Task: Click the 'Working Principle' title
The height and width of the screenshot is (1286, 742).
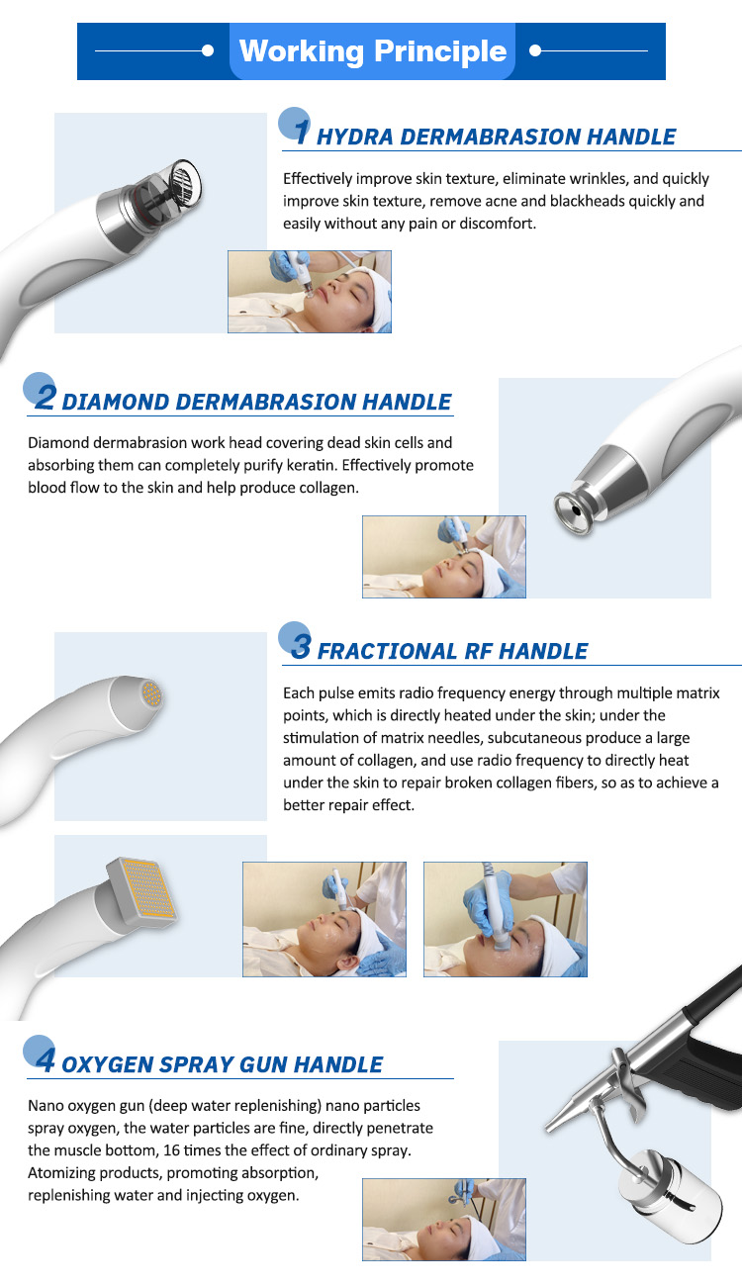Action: point(372,51)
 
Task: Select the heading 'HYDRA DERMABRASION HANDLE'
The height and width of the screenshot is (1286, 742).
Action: point(496,138)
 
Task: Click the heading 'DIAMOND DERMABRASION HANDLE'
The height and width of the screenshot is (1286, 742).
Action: point(256,403)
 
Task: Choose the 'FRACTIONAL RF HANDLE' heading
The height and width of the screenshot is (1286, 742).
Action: point(452,652)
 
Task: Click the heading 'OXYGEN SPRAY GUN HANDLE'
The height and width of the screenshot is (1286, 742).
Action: point(222,1065)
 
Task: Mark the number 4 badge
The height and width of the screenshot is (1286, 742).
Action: point(43,1057)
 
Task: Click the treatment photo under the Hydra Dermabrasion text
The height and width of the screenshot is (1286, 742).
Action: point(310,291)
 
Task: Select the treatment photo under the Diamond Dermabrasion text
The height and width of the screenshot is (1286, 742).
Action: point(444,556)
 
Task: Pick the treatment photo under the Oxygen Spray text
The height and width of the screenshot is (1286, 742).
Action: point(444,1219)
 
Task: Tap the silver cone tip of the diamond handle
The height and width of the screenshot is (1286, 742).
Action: point(573,505)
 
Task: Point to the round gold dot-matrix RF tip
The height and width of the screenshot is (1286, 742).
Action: point(150,693)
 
